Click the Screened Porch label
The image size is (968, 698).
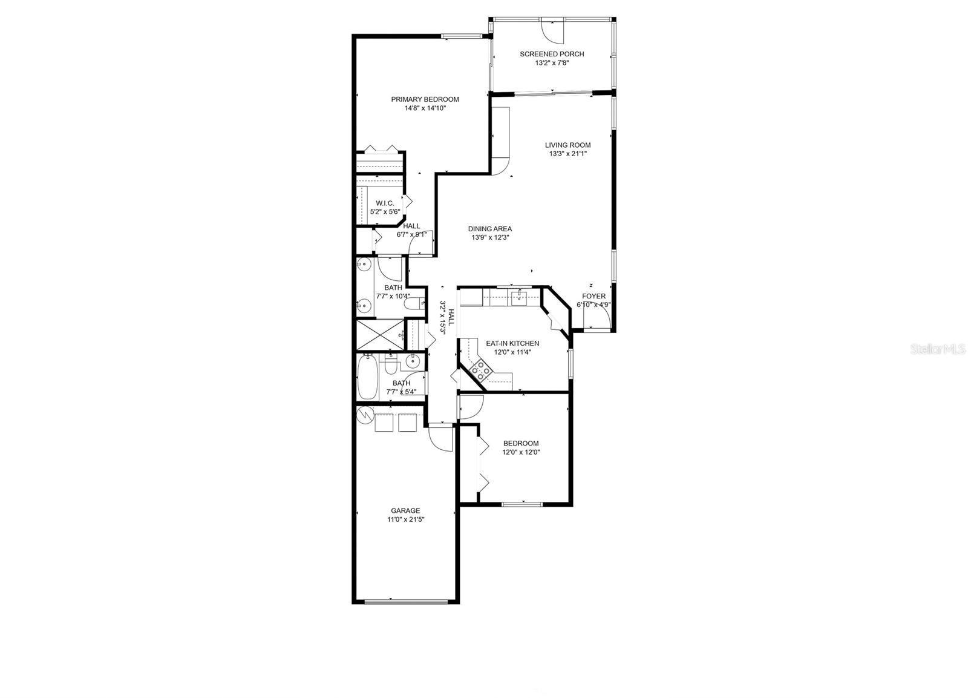coord(552,54)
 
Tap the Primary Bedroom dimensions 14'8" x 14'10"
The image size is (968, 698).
coord(425,108)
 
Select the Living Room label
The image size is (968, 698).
coord(567,145)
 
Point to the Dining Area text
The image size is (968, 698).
coord(490,229)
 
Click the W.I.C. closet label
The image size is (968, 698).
coord(385,203)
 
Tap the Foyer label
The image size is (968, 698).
coord(594,296)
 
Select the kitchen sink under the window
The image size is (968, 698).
coord(519,297)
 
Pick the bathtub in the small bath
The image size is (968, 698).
coord(367,377)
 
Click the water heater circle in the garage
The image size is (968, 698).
coord(365,415)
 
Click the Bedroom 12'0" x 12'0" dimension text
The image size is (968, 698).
coord(520,452)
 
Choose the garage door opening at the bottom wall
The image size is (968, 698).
coord(406,602)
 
